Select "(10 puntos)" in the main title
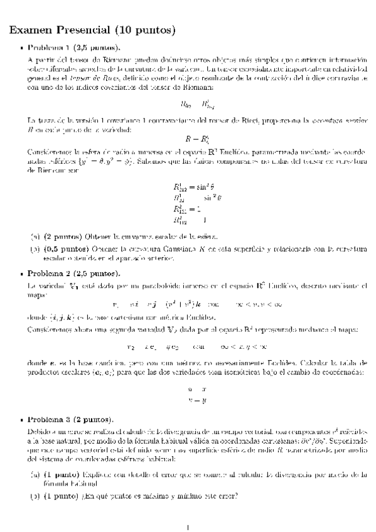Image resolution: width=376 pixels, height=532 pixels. [144, 29]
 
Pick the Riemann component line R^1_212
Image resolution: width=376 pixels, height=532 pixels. [196, 186]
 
